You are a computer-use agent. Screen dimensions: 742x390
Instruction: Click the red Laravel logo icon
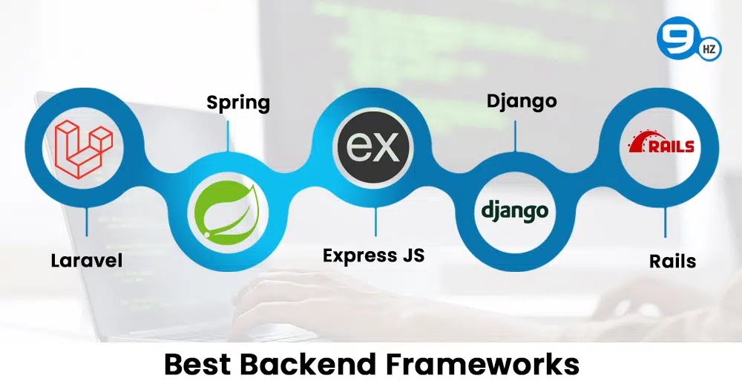pos(84,149)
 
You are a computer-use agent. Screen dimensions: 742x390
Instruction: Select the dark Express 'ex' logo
pos(373,147)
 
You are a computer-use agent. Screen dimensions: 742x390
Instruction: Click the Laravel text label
pos(87,261)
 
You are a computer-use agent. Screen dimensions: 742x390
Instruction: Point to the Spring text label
pos(238,103)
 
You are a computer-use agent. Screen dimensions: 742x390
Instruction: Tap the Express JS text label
pos(374,256)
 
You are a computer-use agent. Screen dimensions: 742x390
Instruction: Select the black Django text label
pos(522,102)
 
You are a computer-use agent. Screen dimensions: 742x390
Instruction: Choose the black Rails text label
pos(672,261)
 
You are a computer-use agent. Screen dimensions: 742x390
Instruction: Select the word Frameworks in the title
pos(483,365)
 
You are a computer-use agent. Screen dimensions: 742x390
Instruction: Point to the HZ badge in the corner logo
pos(709,49)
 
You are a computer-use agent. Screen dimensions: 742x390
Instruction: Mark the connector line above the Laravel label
pos(87,222)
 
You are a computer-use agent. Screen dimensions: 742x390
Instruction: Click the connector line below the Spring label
pos(228,136)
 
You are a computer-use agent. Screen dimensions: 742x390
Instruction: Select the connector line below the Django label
pos(515,136)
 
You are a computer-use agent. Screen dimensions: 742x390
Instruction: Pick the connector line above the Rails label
pos(665,222)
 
